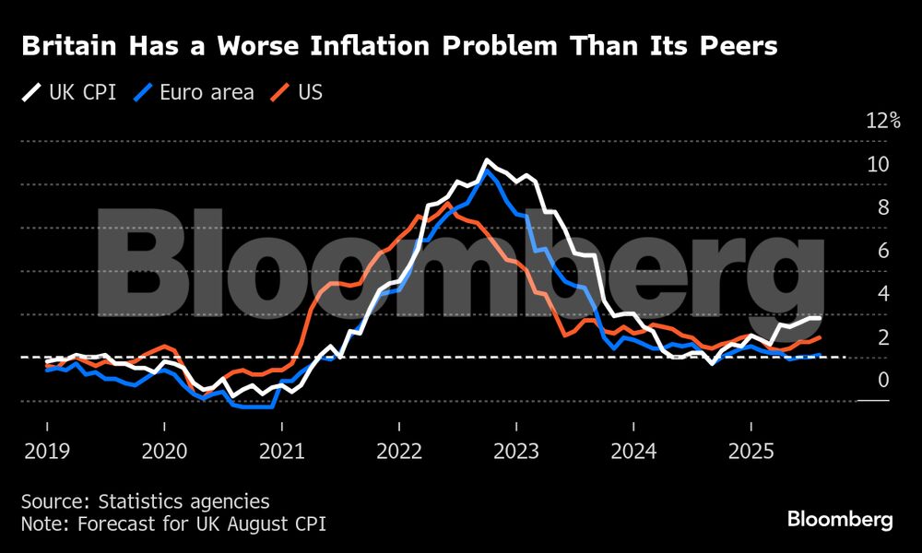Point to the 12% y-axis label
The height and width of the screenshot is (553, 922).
881,121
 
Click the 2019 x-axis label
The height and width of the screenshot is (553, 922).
47,452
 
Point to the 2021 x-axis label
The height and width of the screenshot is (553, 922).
281,452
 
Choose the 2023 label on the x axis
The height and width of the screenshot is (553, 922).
516,452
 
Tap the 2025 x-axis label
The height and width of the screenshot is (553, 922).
751,452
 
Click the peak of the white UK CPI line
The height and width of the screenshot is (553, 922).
486,161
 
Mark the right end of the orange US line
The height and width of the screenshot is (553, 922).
820,338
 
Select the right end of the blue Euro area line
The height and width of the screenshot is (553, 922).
820,355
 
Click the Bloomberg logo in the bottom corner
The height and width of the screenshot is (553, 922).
839,520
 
